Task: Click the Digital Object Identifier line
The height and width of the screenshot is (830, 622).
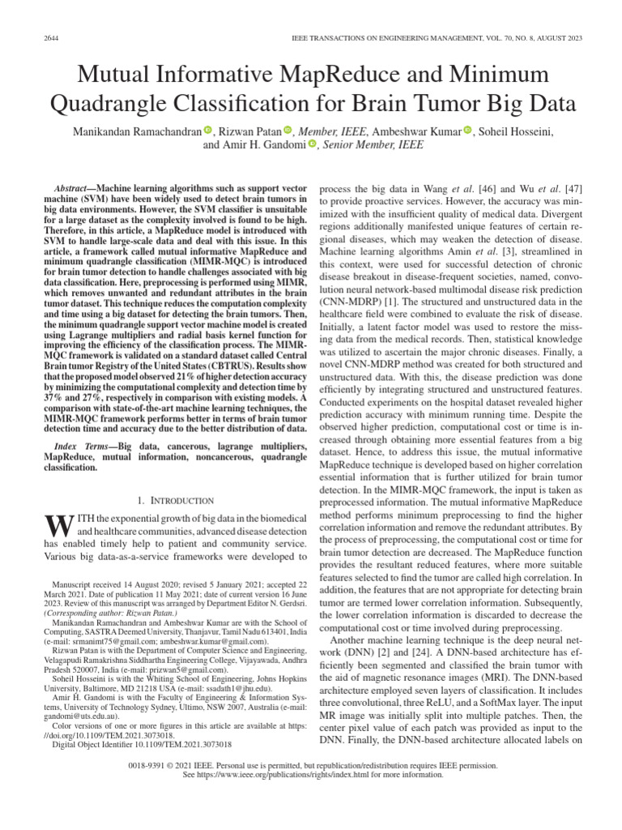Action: pyautogui.click(x=141, y=742)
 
